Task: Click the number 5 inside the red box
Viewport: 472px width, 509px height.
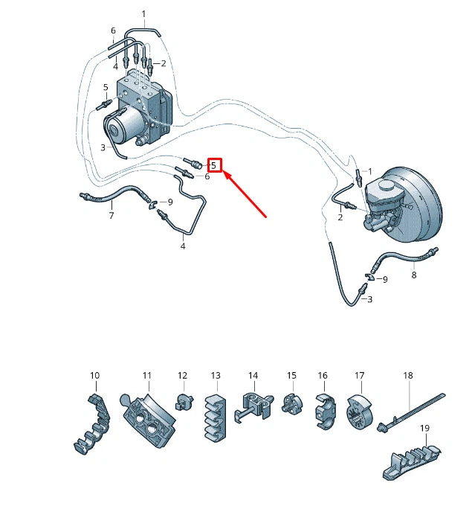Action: (x=214, y=165)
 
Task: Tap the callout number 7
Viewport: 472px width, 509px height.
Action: (x=111, y=216)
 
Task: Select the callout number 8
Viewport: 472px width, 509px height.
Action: (x=414, y=275)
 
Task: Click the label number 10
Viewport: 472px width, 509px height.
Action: (x=94, y=375)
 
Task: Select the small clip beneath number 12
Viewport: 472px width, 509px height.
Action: (x=183, y=403)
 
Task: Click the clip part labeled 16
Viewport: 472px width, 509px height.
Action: (x=324, y=410)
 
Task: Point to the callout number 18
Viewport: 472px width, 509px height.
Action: (x=407, y=376)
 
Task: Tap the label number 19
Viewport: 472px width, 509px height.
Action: (x=424, y=428)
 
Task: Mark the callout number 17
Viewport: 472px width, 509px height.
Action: (x=359, y=376)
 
